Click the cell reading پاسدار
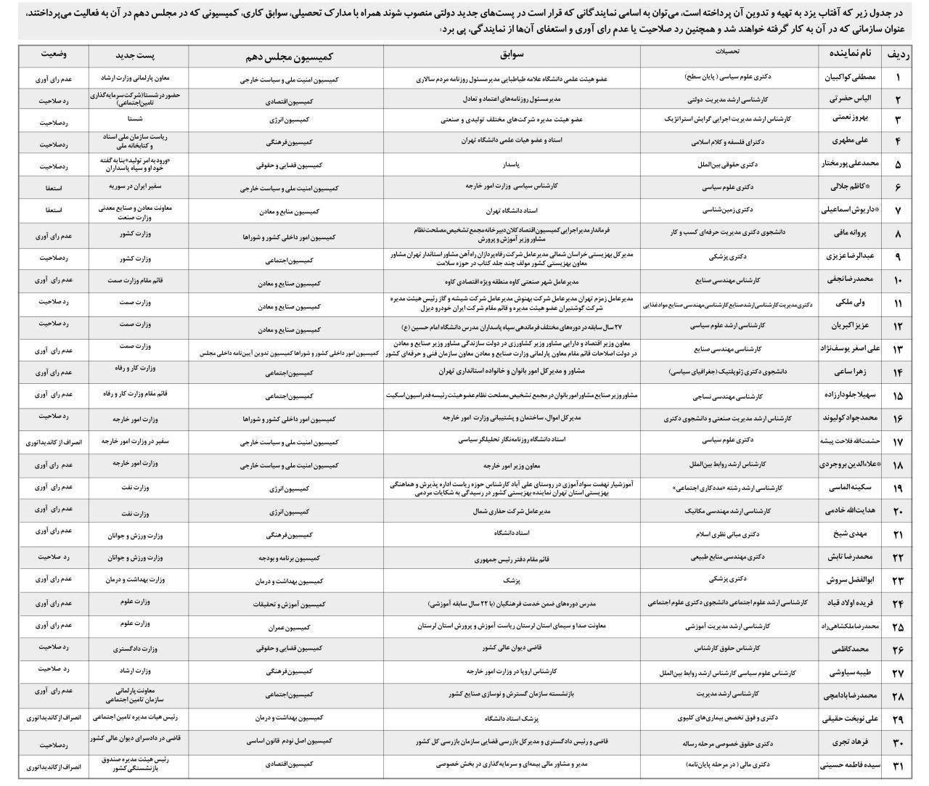(512, 164)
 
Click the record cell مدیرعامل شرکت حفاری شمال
(512, 512)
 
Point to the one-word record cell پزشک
(512, 581)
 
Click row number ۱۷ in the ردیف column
(898, 441)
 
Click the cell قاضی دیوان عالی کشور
(512, 648)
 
